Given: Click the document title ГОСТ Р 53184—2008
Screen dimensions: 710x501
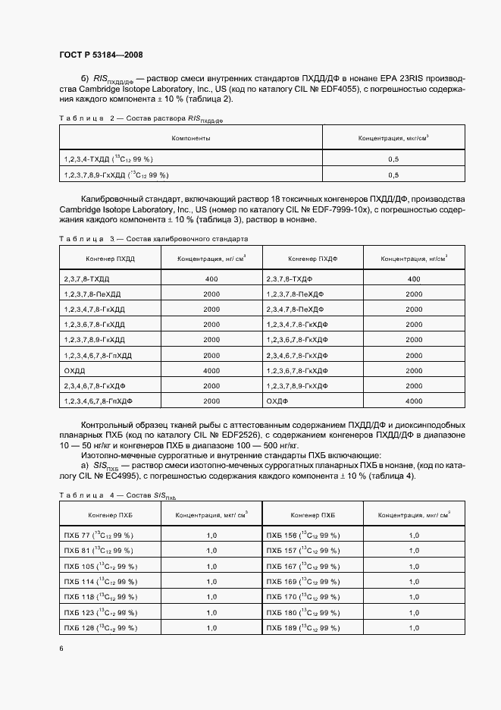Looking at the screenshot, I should click(x=100, y=55).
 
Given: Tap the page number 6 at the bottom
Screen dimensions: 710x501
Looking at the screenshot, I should click(x=61, y=648).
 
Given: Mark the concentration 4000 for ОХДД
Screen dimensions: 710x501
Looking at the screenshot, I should click(x=211, y=370).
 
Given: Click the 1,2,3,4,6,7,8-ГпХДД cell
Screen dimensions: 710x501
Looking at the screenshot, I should click(x=99, y=355).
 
